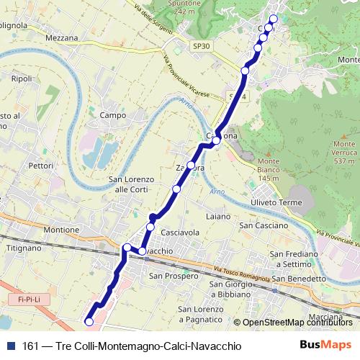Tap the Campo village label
pos(113,115)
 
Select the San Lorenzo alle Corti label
pos(128,184)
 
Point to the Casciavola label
pos(180,233)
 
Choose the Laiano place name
pos(217,216)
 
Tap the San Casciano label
pos(263,225)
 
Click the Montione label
pos(61,230)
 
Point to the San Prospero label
pos(173,276)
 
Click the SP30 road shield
pos(202,45)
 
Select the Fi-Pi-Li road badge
pos(29,298)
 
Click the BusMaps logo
pos(325,346)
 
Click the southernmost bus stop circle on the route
pos(89,322)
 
